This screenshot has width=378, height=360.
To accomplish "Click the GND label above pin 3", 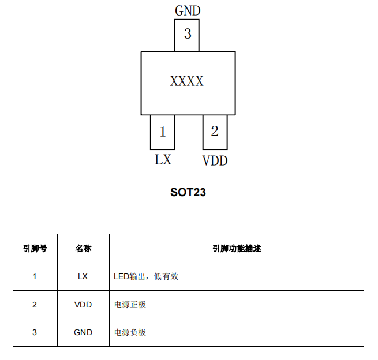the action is click(x=188, y=11).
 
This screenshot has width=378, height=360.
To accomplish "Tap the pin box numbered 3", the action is click(x=187, y=35).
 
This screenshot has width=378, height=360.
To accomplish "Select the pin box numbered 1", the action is click(x=163, y=132).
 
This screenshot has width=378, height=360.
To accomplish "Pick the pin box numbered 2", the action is click(x=215, y=132).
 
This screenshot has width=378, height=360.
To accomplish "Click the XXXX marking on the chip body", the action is click(x=187, y=81).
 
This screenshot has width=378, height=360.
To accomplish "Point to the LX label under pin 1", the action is click(x=163, y=159).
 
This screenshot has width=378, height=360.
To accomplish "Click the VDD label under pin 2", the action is click(x=215, y=161).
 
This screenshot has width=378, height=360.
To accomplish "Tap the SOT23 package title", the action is click(x=188, y=192).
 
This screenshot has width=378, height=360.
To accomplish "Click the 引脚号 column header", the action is click(x=35, y=248).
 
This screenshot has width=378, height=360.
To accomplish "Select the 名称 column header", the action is click(x=84, y=248).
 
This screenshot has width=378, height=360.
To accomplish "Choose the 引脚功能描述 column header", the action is click(x=237, y=248).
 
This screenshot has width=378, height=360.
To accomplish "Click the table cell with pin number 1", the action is click(x=35, y=276).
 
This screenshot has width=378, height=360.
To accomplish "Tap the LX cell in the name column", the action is click(x=83, y=276).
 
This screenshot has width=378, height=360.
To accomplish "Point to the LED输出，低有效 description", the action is click(x=146, y=276).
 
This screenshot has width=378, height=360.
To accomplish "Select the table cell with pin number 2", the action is click(x=35, y=305).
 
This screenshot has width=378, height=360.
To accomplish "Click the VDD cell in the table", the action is click(x=83, y=305).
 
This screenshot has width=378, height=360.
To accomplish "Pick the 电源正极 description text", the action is click(x=130, y=305).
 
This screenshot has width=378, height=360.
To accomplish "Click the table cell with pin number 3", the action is click(x=35, y=332).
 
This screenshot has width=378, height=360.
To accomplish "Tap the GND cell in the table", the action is click(x=83, y=332).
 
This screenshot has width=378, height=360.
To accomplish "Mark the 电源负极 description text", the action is click(x=130, y=332).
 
